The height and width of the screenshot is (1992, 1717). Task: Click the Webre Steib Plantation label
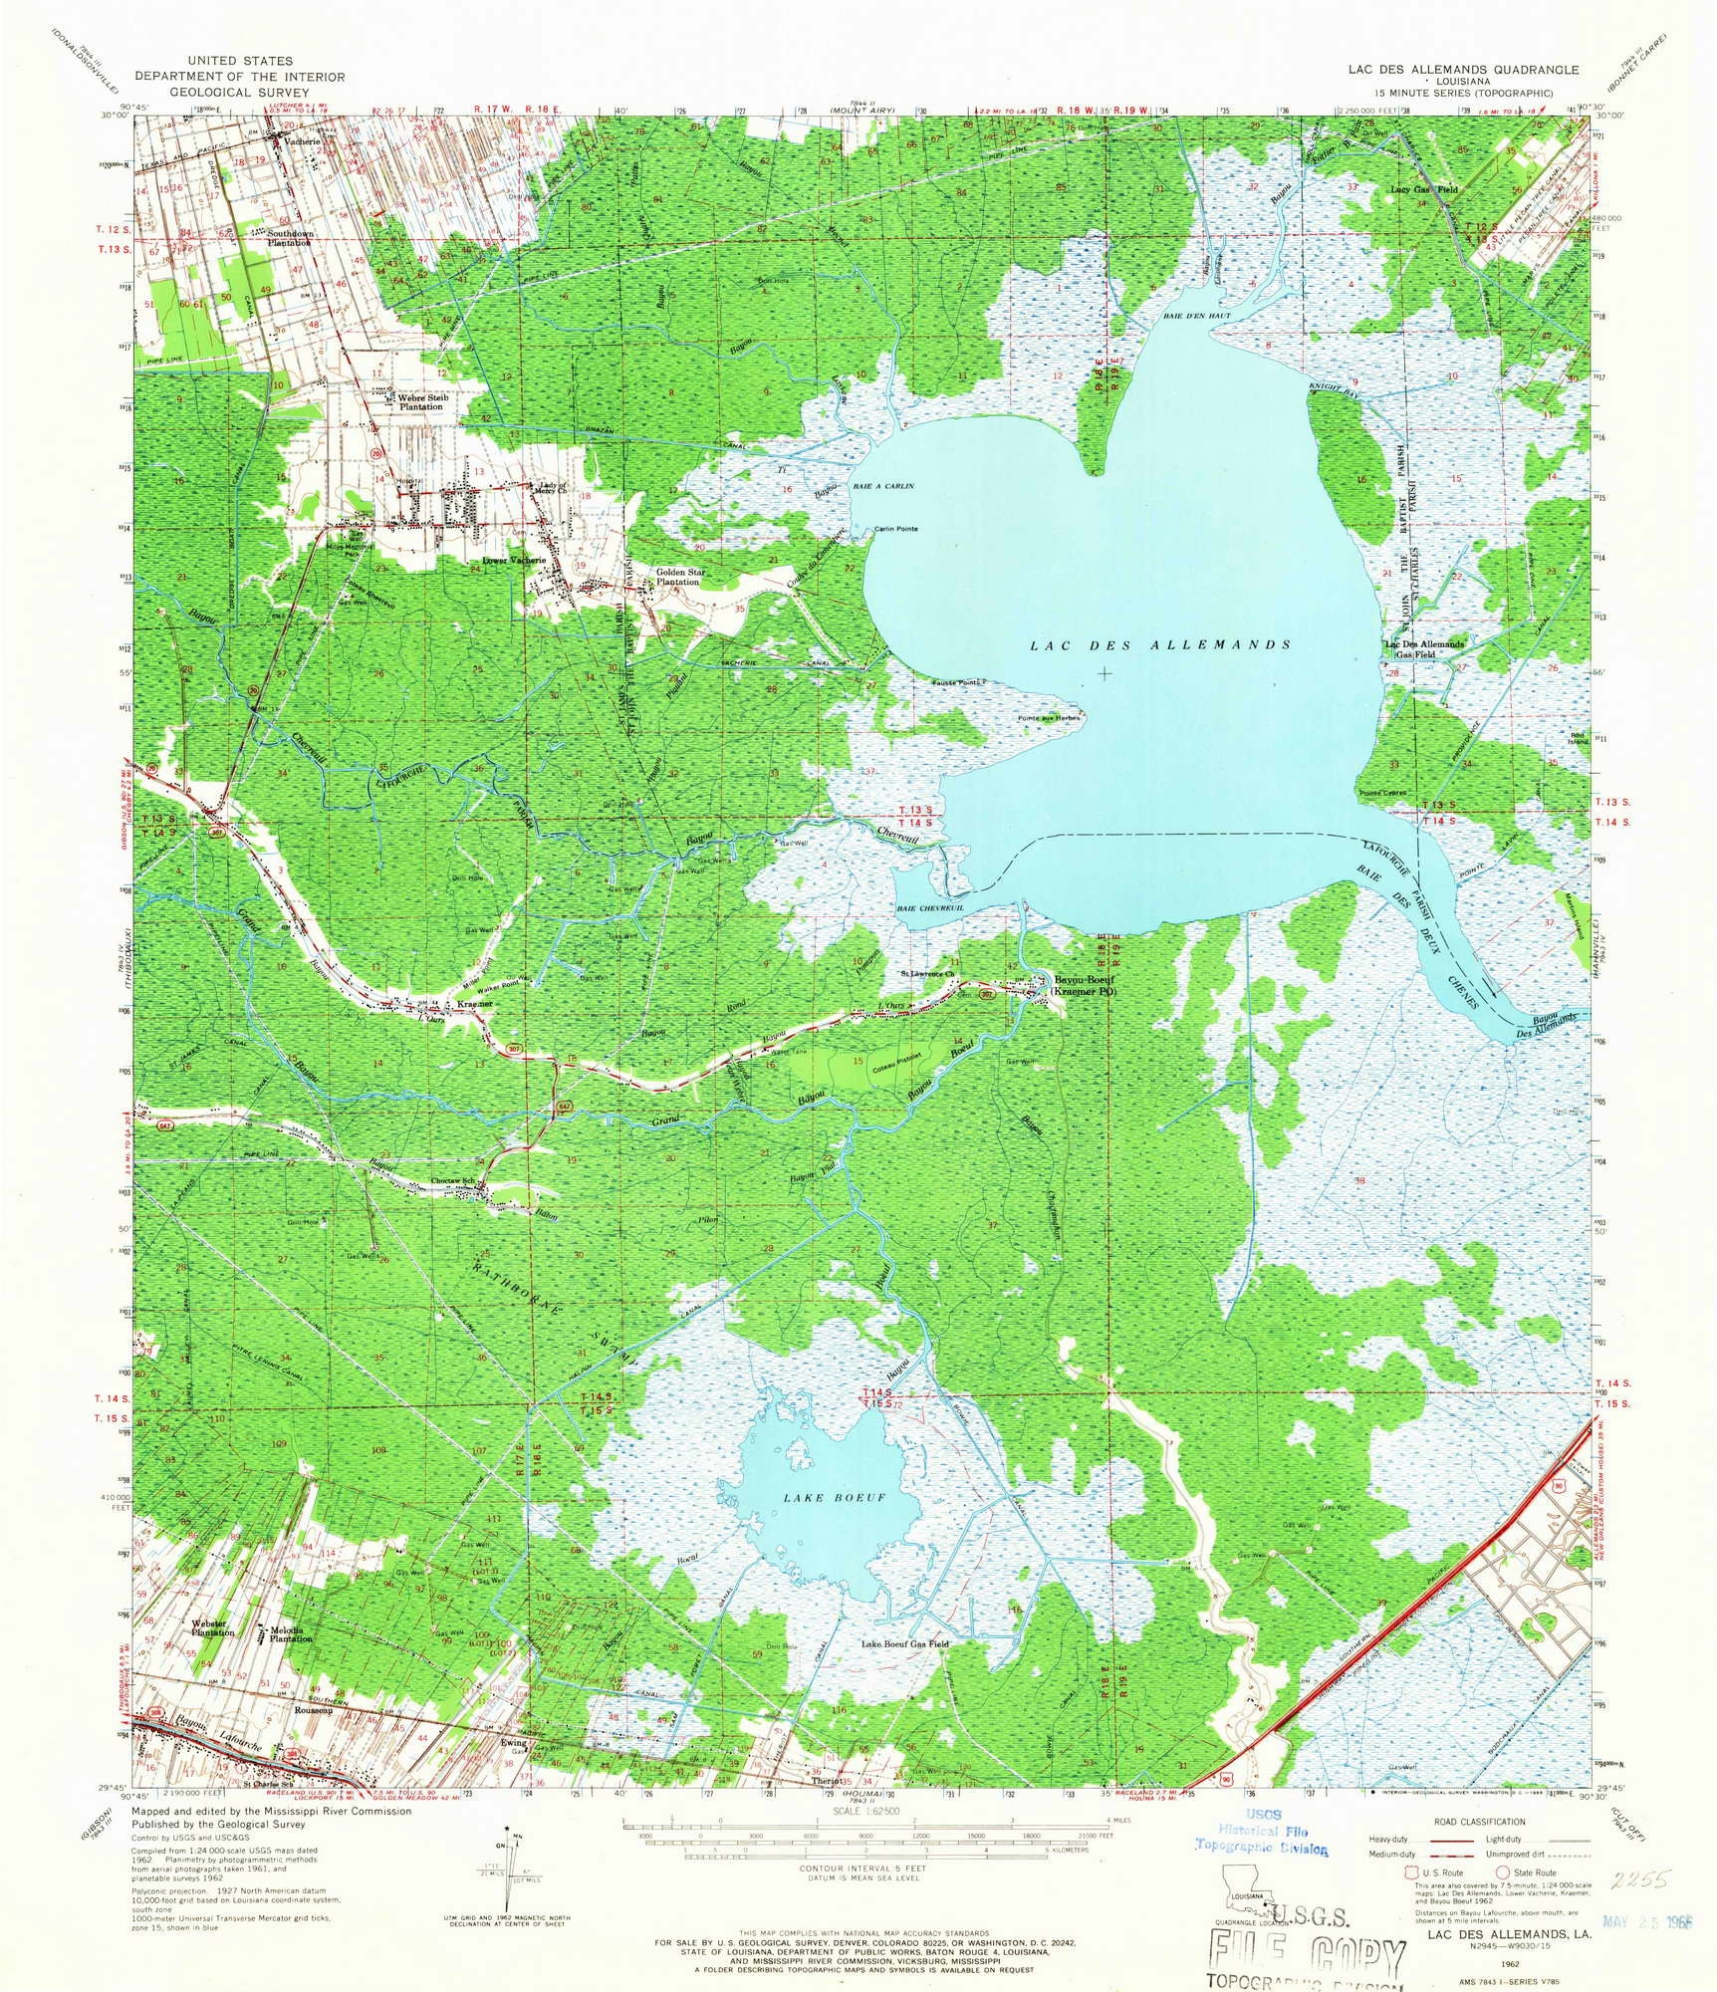pos(424,401)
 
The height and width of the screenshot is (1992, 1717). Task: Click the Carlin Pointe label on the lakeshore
pos(895,528)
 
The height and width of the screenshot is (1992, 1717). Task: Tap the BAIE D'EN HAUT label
pos(1196,316)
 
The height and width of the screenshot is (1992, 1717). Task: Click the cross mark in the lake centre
pos(1104,673)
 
